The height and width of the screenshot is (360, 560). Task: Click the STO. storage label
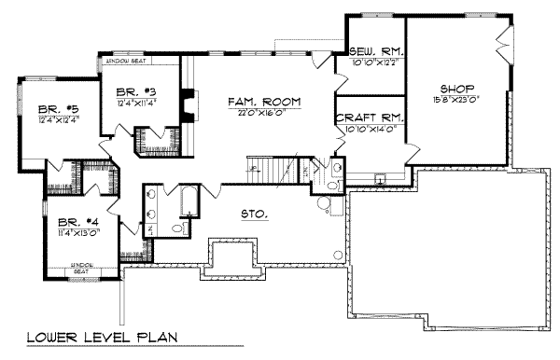click(x=254, y=214)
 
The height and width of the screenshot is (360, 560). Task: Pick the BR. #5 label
click(x=44, y=107)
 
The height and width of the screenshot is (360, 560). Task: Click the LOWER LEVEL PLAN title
click(x=101, y=337)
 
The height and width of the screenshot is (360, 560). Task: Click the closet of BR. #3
click(x=149, y=140)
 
